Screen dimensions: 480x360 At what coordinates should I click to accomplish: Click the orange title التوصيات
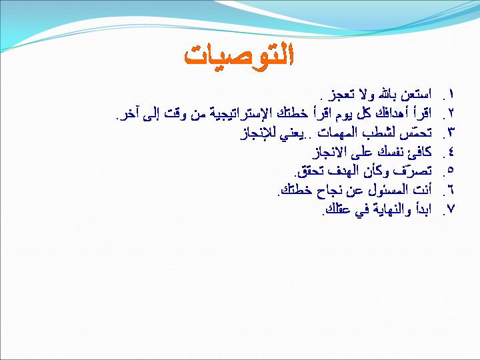click(x=239, y=57)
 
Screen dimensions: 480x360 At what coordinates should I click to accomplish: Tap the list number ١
click(x=450, y=94)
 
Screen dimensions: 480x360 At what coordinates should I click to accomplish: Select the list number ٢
click(x=451, y=113)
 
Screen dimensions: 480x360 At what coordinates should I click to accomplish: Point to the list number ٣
click(x=451, y=132)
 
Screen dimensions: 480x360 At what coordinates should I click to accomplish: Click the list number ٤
click(x=451, y=151)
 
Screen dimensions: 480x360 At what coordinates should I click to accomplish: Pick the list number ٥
click(x=450, y=170)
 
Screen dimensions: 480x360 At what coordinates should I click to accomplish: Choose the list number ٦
click(x=451, y=190)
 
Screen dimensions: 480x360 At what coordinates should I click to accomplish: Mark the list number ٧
click(x=451, y=209)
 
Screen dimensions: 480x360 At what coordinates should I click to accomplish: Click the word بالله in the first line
click(x=387, y=94)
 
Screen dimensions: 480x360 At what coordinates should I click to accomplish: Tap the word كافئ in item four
click(x=420, y=151)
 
